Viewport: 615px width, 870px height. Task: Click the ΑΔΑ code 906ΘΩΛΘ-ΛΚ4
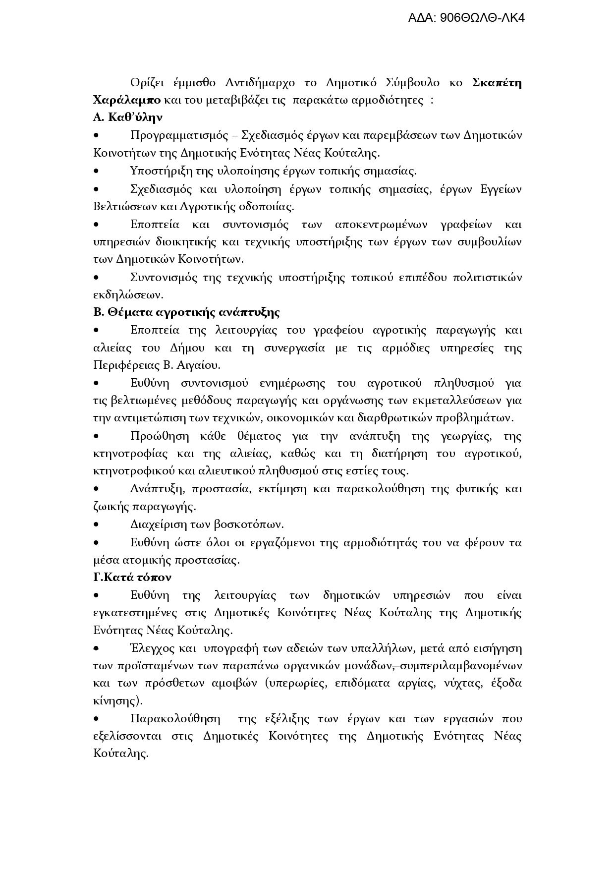click(x=466, y=18)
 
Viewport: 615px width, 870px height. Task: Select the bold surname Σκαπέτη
click(x=497, y=82)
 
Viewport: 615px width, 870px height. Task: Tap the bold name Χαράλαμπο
click(x=126, y=100)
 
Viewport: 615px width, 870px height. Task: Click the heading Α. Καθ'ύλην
click(x=128, y=117)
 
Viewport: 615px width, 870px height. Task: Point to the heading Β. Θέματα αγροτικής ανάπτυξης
click(x=186, y=312)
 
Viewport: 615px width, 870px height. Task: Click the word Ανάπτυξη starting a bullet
click(x=157, y=489)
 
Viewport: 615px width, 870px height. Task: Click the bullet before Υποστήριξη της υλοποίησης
click(x=97, y=172)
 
